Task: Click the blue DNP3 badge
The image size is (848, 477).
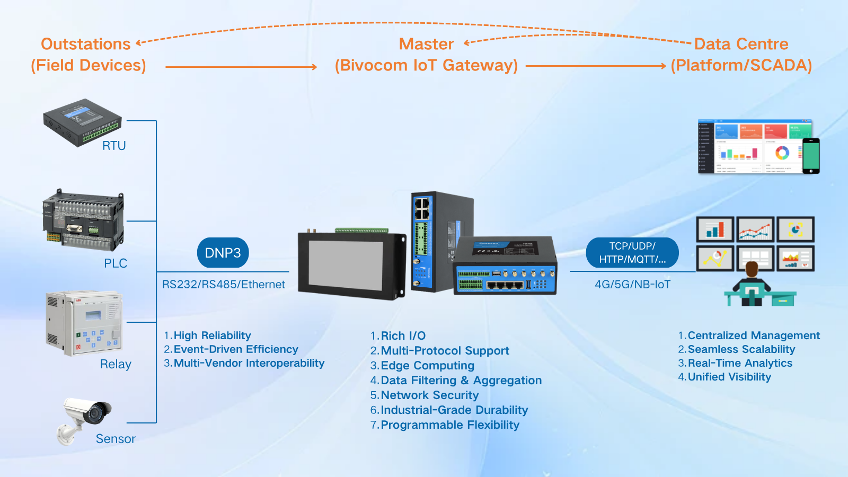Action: coord(223,253)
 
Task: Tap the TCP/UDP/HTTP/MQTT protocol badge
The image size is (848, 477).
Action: coord(632,253)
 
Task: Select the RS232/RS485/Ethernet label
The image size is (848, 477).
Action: coord(223,285)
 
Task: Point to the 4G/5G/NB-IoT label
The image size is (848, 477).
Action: coord(632,285)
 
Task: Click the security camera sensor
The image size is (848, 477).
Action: coord(85,419)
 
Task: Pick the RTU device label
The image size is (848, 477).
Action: coord(114,146)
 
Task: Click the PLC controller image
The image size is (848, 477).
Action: coord(84,220)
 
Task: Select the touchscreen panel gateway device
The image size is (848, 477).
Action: coord(351,264)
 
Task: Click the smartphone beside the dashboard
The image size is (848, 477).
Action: coord(811,156)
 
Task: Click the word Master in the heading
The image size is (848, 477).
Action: coord(426,44)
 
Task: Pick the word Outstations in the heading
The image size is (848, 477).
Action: coord(86,44)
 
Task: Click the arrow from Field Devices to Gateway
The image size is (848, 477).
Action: coord(241,67)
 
